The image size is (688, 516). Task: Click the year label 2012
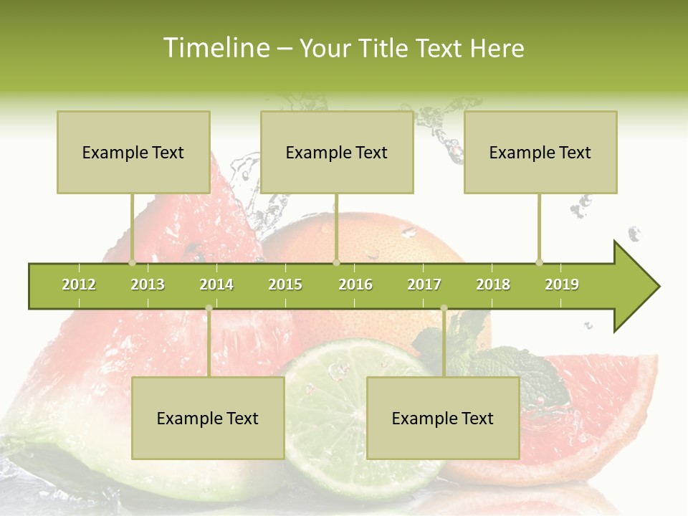[79, 285]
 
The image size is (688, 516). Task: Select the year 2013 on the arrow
[148, 285]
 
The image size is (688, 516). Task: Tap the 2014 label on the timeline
[216, 285]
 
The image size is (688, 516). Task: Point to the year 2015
[285, 285]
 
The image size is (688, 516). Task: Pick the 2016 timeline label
[355, 285]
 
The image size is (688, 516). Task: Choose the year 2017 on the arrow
[424, 285]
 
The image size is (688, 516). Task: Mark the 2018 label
[493, 285]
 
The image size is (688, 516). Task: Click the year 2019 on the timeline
[562, 285]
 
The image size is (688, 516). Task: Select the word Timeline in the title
[215, 48]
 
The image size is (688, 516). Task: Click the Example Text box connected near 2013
[133, 152]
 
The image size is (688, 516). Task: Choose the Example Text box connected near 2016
[337, 152]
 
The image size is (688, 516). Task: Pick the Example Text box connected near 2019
[540, 152]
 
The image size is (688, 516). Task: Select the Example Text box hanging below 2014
[208, 418]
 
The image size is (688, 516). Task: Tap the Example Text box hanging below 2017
[443, 418]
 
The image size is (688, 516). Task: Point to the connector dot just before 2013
[132, 262]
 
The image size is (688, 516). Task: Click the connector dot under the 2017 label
[444, 308]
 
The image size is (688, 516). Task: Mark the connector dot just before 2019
[539, 262]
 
